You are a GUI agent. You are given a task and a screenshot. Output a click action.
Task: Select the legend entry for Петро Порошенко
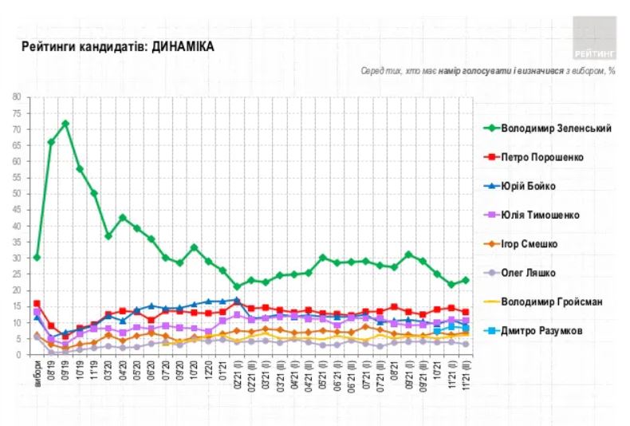click(x=541, y=157)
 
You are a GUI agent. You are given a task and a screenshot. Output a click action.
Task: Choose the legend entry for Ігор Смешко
click(x=530, y=244)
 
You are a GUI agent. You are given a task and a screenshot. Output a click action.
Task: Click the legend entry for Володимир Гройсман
click(x=551, y=302)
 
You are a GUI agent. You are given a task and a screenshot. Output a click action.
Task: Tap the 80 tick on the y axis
click(x=18, y=97)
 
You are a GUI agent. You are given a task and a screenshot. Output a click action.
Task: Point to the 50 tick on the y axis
click(x=18, y=194)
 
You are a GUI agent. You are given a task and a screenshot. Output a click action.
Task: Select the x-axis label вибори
click(x=37, y=375)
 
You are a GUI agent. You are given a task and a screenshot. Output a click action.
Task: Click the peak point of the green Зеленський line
click(x=65, y=124)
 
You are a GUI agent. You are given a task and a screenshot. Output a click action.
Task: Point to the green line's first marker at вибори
click(x=37, y=257)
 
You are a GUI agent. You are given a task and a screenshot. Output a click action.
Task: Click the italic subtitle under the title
click(x=487, y=71)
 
